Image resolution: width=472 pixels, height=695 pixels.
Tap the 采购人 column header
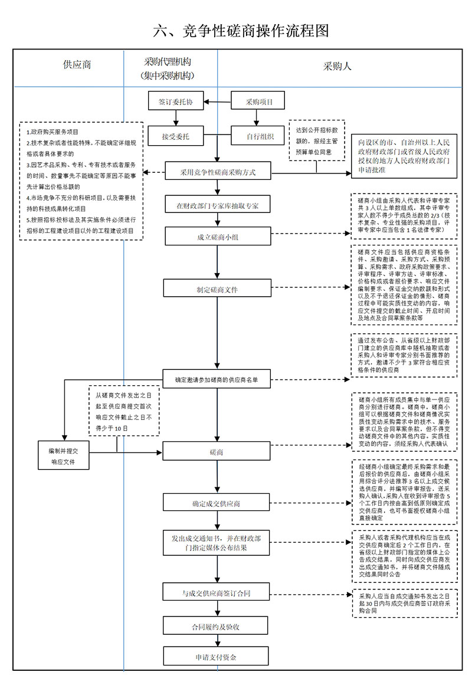[x=337, y=67]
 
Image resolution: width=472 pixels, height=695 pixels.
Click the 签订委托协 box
[x=175, y=101]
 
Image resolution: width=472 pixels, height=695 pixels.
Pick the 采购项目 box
[x=259, y=101]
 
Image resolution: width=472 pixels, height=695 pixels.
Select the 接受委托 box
[x=175, y=136]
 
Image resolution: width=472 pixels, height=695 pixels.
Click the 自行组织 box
[x=259, y=136]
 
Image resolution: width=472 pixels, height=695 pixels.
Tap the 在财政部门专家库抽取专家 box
[x=217, y=205]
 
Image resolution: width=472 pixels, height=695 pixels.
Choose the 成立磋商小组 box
[x=217, y=236]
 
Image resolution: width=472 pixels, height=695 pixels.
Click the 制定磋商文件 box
[x=217, y=289]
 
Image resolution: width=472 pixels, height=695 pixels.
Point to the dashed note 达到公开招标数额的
[x=317, y=140]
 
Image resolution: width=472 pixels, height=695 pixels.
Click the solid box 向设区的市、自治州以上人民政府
[x=405, y=156]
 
